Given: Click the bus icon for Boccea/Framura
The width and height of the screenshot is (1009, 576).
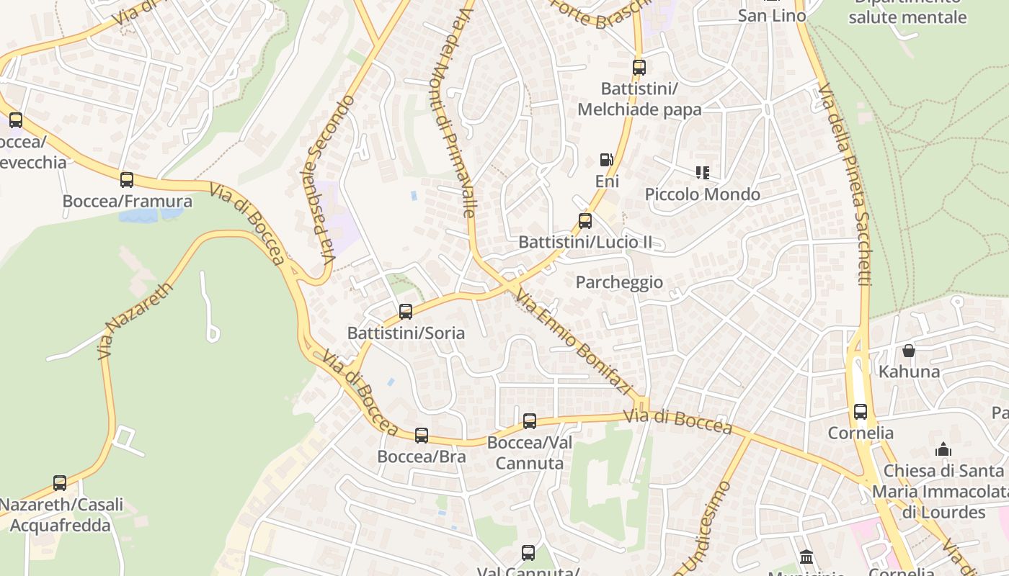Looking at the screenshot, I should tap(127, 180).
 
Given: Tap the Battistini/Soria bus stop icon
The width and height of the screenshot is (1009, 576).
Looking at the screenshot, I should tap(406, 312).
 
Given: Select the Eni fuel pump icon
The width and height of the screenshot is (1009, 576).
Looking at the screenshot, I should tap(607, 160).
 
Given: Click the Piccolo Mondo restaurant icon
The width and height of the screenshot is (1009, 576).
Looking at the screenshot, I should tap(703, 173).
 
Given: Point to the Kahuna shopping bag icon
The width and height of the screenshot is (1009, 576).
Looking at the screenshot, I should tap(909, 351).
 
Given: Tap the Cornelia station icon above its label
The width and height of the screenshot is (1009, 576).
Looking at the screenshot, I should tap(861, 412).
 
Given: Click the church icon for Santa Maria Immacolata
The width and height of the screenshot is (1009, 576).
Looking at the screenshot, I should tap(943, 450).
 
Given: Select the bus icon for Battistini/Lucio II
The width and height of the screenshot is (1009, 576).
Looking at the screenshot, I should tap(585, 221).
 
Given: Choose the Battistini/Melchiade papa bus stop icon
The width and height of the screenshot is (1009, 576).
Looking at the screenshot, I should tap(639, 68).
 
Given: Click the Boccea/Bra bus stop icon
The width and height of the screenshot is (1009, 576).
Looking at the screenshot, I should tap(422, 436).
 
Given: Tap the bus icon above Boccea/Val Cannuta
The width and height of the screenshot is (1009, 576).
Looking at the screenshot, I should tap(530, 421).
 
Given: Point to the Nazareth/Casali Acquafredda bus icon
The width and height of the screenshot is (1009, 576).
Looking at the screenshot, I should tap(60, 483).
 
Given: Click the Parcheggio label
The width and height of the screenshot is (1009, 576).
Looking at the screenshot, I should tap(619, 282).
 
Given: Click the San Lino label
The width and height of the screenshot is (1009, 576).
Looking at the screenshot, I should tap(772, 15).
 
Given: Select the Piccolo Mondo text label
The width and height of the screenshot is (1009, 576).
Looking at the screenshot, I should tap(703, 194).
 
